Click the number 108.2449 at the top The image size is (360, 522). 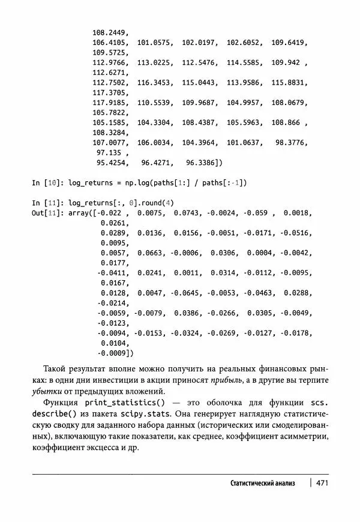point(110,32)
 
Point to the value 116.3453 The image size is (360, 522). point(155,82)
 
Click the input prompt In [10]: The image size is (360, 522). point(47,182)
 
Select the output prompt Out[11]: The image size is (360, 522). point(50,212)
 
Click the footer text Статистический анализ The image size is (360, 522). point(263,483)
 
